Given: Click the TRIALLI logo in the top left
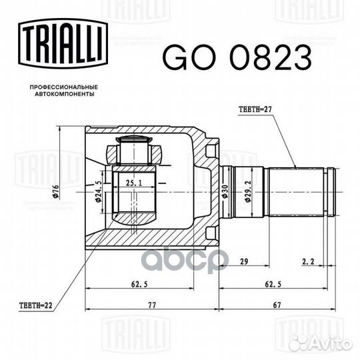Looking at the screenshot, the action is pos(63,43).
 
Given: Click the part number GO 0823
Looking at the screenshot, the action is pos(237,57).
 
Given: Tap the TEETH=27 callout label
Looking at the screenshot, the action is pos(255,109).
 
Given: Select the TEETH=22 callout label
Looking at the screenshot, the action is pos(36,305).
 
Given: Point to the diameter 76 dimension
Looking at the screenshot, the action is pos(56,191).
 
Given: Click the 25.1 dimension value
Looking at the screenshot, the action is pos(134,183).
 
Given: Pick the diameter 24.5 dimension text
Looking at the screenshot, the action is pos(98,191).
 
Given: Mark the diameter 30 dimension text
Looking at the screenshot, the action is pos(225,191).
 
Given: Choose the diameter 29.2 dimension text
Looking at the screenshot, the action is pos(248,191).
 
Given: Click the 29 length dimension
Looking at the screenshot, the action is pos(244,261).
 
